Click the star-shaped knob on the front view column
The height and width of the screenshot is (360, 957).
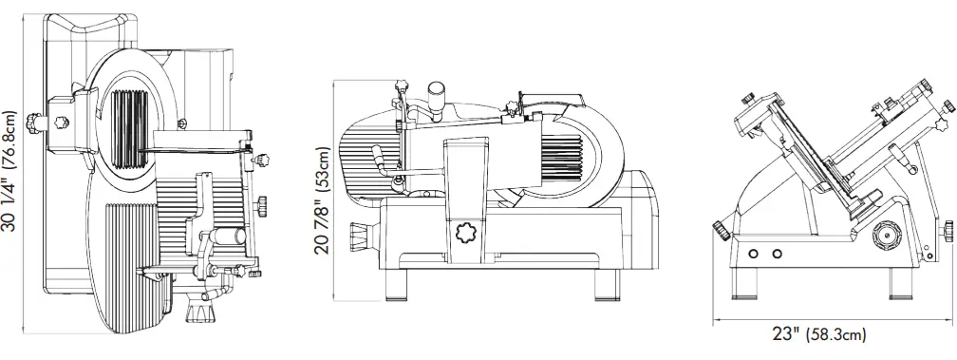pyautogui.click(x=467, y=234)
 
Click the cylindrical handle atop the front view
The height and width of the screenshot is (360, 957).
pyautogui.click(x=438, y=95)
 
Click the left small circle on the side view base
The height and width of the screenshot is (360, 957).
pyautogui.click(x=754, y=254)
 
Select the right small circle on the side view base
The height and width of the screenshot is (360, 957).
pyautogui.click(x=777, y=254)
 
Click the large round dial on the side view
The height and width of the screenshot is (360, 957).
pyautogui.click(x=885, y=234)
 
